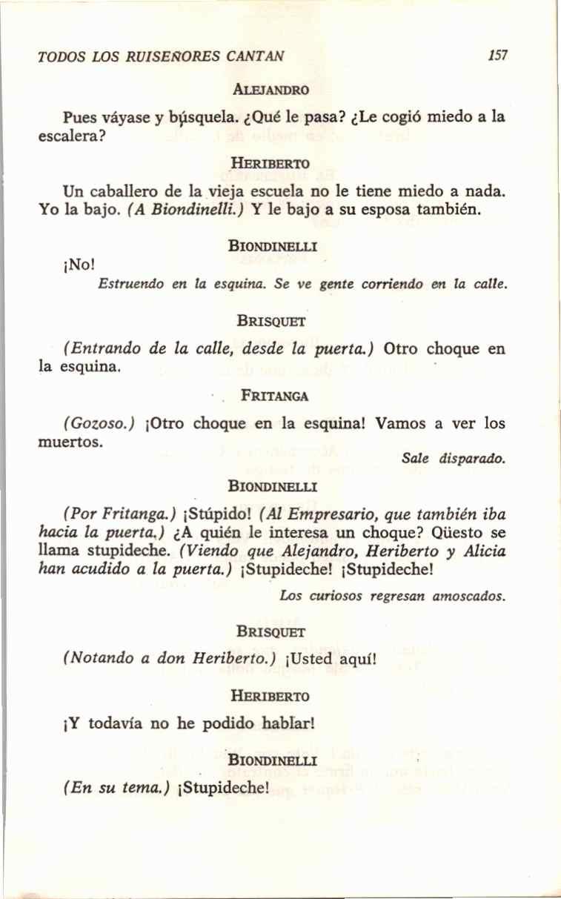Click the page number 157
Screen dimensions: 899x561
pos(498,56)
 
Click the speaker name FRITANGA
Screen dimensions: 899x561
pos(275,397)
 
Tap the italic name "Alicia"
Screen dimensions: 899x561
pos(482,552)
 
